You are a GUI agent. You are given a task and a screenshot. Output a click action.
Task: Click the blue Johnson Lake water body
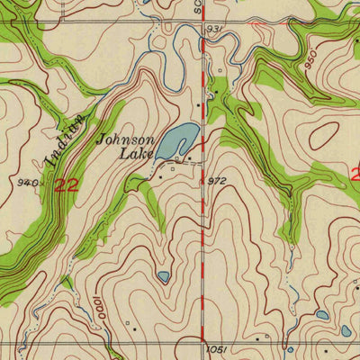click(x=176, y=140)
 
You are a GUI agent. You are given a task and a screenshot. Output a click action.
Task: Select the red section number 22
click(x=65, y=185)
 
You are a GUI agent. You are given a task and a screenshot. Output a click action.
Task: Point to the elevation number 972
click(x=216, y=181)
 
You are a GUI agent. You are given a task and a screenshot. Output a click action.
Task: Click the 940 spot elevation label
click(x=26, y=183)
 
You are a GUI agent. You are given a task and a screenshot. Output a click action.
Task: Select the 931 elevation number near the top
click(x=213, y=30)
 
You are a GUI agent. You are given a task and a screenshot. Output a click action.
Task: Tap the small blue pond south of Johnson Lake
click(x=163, y=276)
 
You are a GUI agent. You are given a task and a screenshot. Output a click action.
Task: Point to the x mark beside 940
click(x=41, y=183)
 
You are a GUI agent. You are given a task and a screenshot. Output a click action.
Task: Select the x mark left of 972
click(x=203, y=180)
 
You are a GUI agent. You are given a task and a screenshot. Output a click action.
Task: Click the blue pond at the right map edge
click(x=346, y=330)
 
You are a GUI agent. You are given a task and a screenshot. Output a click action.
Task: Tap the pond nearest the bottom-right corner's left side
click(x=321, y=315)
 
